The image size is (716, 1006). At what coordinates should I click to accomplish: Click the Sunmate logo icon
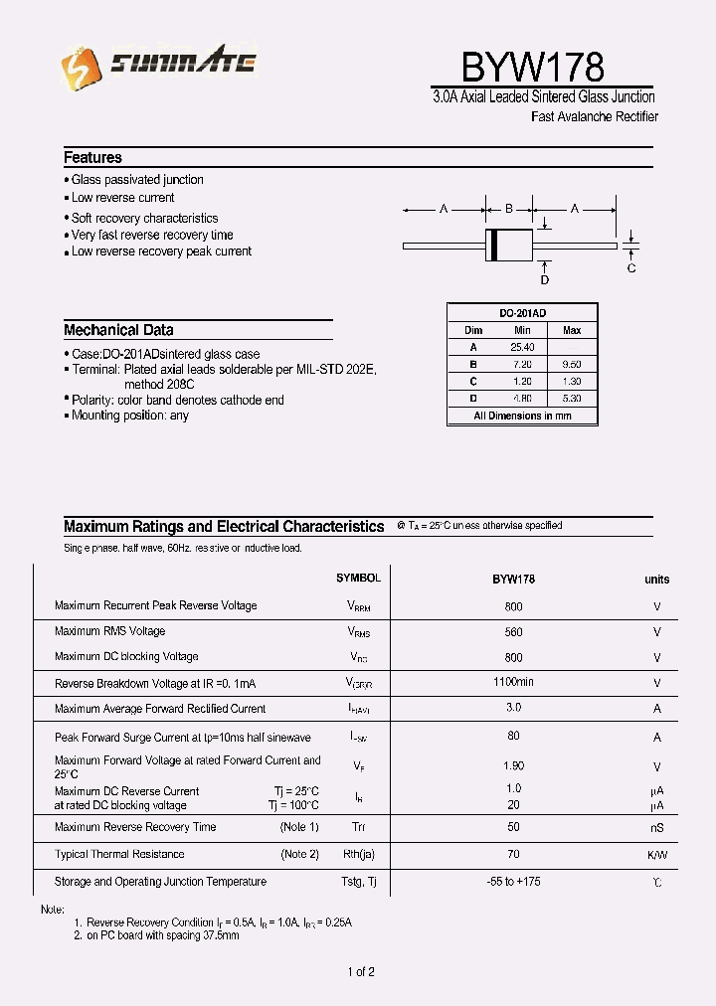81,68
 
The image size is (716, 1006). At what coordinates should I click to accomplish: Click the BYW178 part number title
532,67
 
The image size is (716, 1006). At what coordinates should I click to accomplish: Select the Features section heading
92,157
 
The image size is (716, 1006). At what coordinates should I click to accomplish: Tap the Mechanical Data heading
118,330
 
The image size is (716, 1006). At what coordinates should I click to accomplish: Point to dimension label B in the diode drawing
508,209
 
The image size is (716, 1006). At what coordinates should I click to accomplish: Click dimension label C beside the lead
631,268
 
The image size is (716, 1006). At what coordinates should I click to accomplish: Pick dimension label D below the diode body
545,280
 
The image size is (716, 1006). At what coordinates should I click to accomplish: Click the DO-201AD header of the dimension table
522,311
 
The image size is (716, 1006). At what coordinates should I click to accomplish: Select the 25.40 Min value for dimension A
522,347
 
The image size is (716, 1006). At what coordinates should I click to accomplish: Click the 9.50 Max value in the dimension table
572,364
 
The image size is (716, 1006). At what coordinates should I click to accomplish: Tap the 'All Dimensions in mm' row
522,416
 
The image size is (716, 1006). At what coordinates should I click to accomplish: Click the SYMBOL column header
358,578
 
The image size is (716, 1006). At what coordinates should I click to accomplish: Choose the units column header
656,580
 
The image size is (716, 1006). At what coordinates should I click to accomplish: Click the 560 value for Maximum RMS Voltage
513,631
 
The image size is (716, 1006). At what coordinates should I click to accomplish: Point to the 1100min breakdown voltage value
513,682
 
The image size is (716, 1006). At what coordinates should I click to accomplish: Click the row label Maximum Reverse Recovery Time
135,827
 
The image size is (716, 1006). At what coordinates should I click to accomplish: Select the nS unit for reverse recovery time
656,828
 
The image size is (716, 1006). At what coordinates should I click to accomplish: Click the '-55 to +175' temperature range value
513,882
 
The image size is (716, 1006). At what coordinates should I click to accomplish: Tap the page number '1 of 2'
361,971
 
